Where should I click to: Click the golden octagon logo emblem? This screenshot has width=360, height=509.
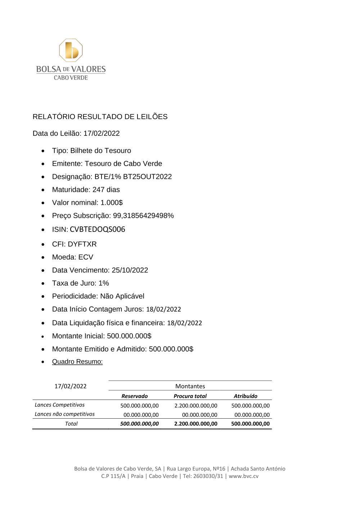71,50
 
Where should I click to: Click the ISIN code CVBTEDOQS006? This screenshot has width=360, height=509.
97,229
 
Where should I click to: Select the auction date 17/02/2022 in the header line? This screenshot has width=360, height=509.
102,134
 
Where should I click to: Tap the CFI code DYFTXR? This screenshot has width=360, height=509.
82,244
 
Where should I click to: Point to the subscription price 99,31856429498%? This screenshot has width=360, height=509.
143,216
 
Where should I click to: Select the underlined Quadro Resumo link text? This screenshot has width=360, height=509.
77,362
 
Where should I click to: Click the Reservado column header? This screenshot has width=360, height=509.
135,396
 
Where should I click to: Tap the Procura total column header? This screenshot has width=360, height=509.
190,396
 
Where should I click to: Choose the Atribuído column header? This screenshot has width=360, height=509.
246,396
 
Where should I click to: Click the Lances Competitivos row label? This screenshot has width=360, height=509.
60,405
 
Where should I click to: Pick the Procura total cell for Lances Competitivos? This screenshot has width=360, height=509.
196,406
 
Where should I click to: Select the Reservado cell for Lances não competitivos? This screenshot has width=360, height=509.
141,415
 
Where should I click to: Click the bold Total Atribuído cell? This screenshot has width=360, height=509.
250,424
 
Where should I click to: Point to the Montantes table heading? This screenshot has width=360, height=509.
190,386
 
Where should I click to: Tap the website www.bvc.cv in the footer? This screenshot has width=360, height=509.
244,476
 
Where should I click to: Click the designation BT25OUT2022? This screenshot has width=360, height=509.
147,177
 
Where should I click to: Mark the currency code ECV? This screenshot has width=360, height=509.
86,257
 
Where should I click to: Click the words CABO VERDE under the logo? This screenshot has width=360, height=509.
71,78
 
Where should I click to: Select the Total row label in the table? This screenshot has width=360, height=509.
71,424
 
